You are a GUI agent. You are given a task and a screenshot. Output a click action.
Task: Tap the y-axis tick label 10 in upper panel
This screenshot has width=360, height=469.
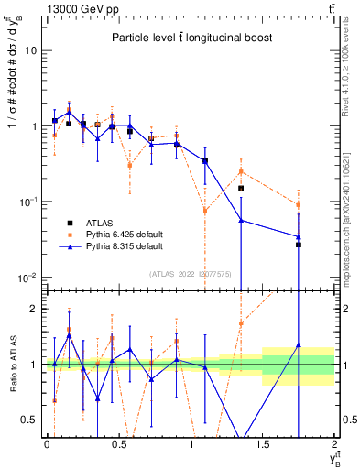30,50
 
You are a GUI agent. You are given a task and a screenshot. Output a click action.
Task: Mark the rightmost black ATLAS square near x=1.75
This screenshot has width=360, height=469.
299,245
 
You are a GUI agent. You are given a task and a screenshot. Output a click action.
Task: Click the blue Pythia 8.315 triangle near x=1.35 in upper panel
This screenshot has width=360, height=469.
241,220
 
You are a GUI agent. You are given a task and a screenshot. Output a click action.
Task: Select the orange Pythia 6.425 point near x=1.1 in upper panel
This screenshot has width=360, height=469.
205,211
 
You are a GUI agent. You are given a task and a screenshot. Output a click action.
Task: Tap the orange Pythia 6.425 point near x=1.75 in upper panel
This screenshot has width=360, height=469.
299,204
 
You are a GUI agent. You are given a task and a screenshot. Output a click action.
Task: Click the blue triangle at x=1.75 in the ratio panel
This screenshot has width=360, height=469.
299,345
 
